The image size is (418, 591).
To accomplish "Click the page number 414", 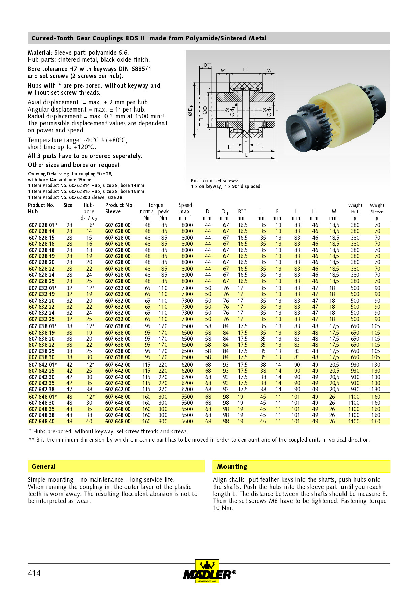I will (x=34, y=573).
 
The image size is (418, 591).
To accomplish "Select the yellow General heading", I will (x=43, y=466).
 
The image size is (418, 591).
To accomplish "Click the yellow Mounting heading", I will (x=232, y=466).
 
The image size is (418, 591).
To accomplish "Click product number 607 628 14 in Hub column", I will (x=41, y=231).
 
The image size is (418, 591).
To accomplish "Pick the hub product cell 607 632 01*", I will (x=43, y=288).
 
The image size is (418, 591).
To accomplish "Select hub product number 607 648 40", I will (x=41, y=421).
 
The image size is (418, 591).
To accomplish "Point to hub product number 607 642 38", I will (x=41, y=389).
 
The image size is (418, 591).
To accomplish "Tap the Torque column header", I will (x=155, y=205).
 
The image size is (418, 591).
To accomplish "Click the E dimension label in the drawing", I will (x=246, y=142).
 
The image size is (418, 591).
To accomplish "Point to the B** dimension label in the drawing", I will (x=207, y=65).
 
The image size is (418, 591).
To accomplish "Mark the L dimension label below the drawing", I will (x=246, y=155).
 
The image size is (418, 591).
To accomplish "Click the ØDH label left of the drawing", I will (x=191, y=111).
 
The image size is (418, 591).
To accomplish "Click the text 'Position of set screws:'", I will (x=214, y=181).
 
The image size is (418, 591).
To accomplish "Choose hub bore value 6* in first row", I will (x=92, y=225).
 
